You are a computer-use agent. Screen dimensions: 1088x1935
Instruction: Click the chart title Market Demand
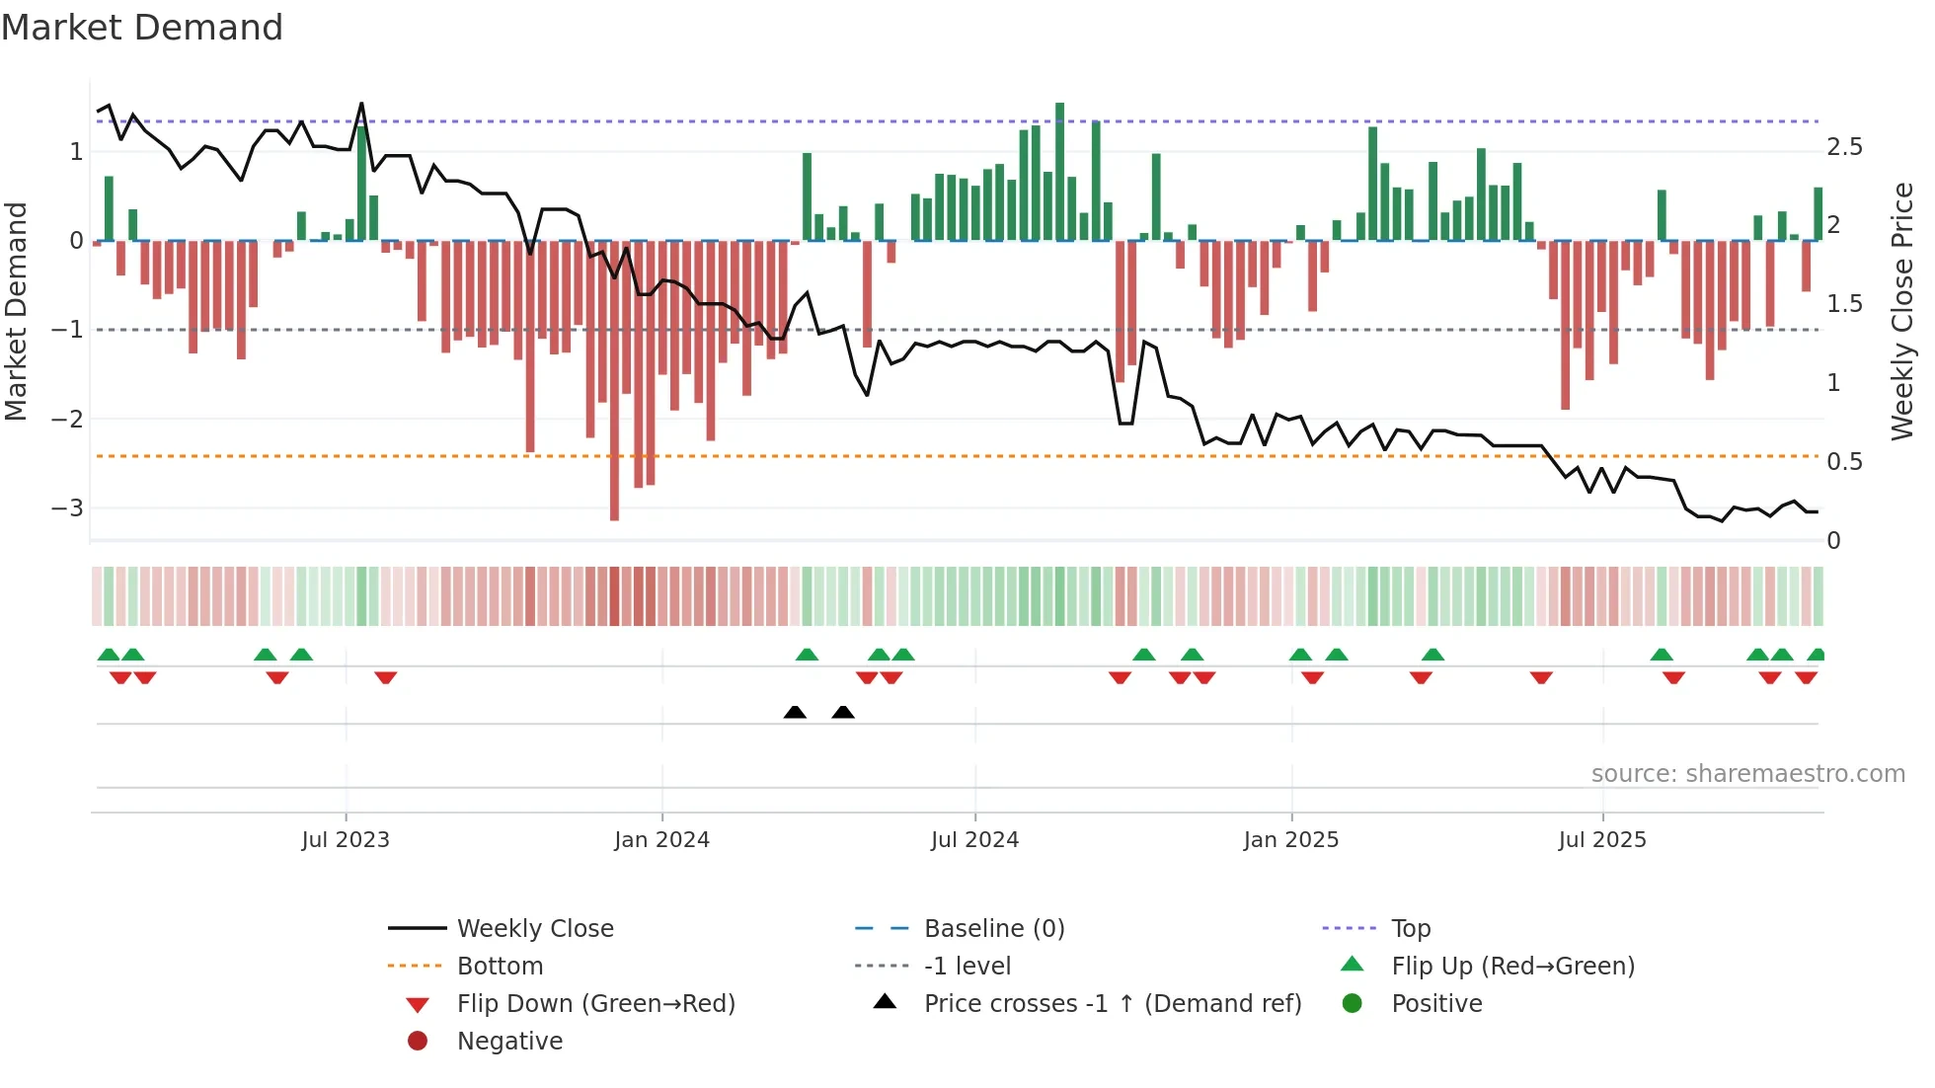point(142,28)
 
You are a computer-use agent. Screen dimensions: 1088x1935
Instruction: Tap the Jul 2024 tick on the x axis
point(974,840)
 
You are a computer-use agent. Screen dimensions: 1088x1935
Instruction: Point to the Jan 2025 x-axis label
point(1290,840)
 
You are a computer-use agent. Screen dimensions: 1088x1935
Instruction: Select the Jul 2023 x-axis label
point(346,840)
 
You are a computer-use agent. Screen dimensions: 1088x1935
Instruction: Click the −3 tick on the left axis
point(67,508)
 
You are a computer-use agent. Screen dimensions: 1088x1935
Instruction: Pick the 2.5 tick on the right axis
point(1844,147)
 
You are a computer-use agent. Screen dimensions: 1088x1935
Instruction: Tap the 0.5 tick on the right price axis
point(1844,462)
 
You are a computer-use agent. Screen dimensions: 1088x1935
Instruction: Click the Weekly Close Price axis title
point(1901,311)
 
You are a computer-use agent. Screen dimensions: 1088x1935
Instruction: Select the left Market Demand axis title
point(16,311)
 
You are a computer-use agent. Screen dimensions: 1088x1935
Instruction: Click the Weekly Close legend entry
point(534,929)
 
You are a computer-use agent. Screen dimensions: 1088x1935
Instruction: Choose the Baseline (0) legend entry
point(993,929)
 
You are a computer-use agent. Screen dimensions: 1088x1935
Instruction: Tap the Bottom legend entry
point(500,967)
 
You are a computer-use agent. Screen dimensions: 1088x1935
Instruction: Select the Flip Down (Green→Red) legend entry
point(595,1004)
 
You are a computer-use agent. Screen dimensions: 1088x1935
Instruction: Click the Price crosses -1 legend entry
point(1112,1004)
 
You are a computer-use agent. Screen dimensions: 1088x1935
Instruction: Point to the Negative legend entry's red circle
point(418,1042)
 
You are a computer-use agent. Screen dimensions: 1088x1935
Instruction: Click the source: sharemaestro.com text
point(1747,774)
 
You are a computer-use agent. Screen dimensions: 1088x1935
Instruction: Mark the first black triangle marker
point(795,712)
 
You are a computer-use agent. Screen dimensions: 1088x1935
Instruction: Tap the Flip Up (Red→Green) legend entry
point(1512,967)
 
